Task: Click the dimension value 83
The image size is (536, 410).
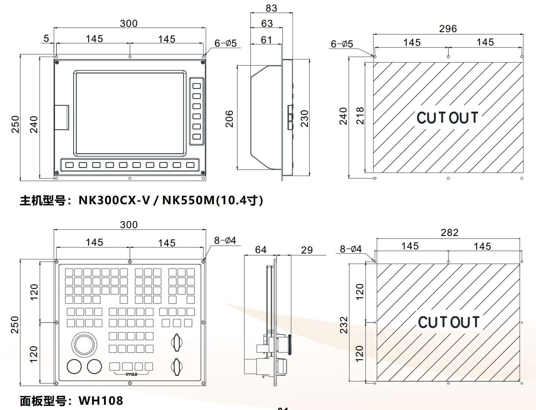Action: click(x=271, y=8)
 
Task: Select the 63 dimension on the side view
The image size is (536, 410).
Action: click(x=267, y=24)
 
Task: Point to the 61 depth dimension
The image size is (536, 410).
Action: click(x=267, y=40)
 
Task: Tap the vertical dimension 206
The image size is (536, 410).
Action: click(x=229, y=119)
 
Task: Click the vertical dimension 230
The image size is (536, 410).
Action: click(x=305, y=118)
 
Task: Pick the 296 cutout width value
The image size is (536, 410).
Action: click(x=448, y=29)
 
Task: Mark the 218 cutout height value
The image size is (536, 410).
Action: click(x=360, y=116)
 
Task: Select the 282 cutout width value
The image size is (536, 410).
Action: click(x=449, y=233)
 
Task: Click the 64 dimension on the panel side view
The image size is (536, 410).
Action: click(x=261, y=250)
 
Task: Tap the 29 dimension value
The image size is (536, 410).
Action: click(x=307, y=250)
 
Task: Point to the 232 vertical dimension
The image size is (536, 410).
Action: click(x=344, y=325)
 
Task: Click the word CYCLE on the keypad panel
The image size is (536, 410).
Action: click(x=131, y=374)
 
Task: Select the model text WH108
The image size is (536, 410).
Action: click(x=101, y=401)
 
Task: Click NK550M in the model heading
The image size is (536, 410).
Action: click(x=188, y=201)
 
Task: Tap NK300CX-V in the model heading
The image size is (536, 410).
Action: click(x=114, y=201)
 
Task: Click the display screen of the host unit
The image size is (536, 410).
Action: click(x=130, y=113)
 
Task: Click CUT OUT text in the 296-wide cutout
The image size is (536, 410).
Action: click(x=447, y=118)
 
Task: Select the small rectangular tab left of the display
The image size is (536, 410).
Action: click(x=62, y=118)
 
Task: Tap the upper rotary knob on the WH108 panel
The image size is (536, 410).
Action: click(x=176, y=342)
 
